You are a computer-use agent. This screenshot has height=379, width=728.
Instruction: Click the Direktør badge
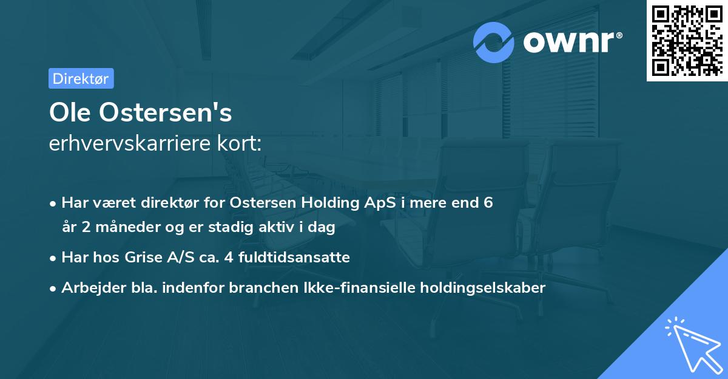coord(81,78)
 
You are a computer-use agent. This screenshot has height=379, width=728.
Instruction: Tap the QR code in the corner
coord(686,40)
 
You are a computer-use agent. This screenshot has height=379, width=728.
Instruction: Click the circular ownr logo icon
coord(494,43)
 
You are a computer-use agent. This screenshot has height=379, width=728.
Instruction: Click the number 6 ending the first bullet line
coord(488,203)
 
